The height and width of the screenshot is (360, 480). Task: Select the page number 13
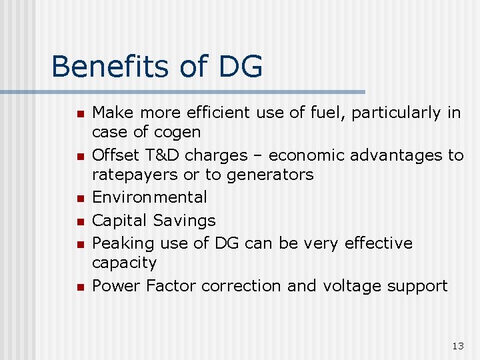[x=457, y=345]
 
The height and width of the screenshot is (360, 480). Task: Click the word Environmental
[x=149, y=197]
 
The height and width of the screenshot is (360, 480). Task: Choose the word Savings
[x=185, y=220]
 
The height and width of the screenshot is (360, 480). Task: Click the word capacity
[x=124, y=263]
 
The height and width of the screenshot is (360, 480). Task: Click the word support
[x=418, y=285]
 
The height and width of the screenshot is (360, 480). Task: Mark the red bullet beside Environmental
[x=79, y=199]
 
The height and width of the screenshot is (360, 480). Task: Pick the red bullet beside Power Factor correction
[x=79, y=287]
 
